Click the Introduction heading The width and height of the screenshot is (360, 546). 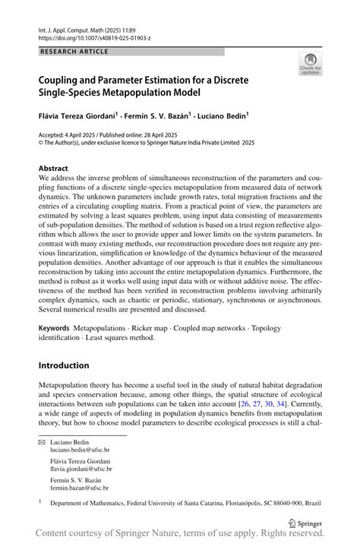click(64, 365)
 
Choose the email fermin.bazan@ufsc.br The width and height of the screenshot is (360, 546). click(81, 488)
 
